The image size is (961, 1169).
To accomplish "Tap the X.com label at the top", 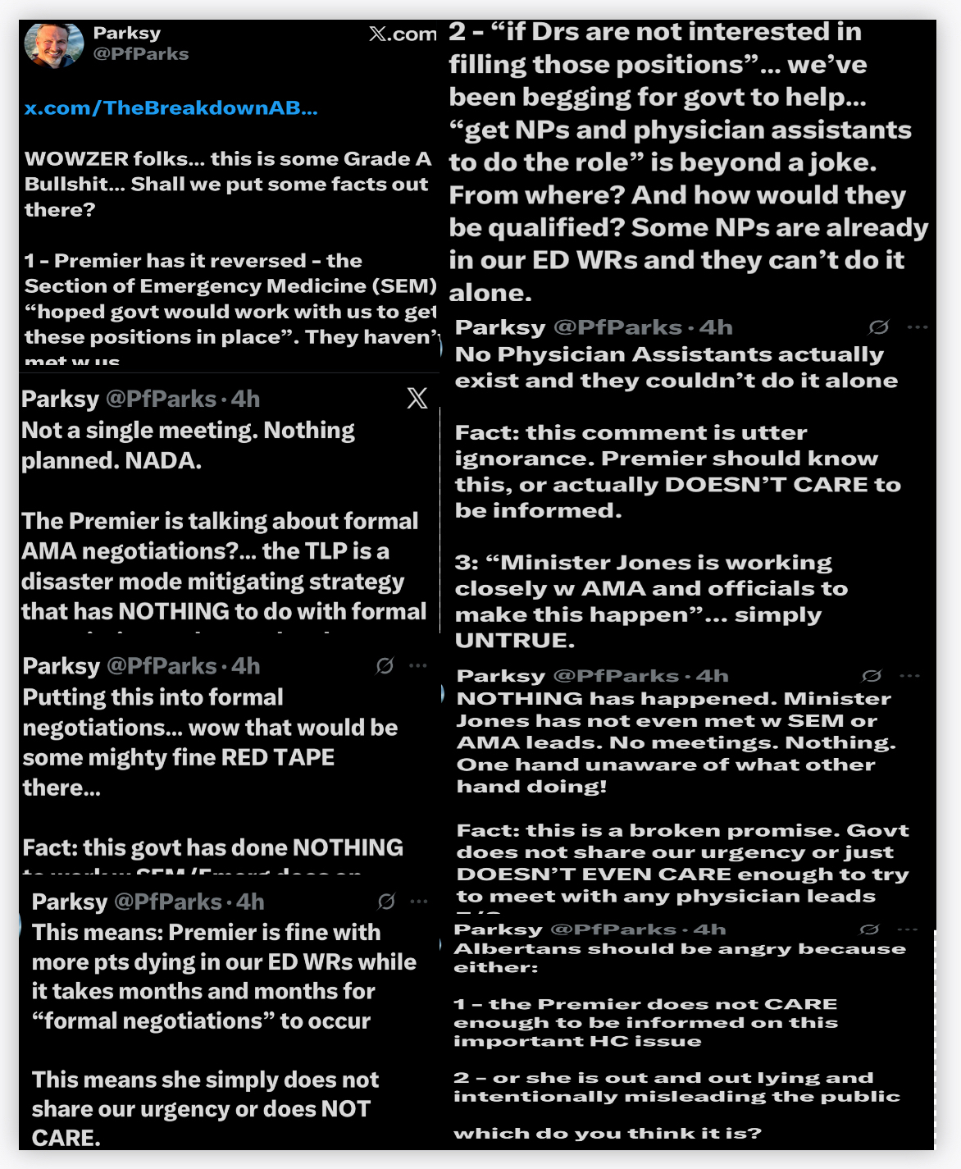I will (x=403, y=34).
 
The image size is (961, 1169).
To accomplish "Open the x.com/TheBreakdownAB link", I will (x=171, y=107).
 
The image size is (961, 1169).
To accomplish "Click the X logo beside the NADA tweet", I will (x=417, y=399).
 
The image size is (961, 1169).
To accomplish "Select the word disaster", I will (x=66, y=581).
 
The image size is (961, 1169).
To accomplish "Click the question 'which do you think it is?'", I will (x=607, y=1133).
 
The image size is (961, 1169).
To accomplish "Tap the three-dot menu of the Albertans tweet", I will (x=908, y=929).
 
